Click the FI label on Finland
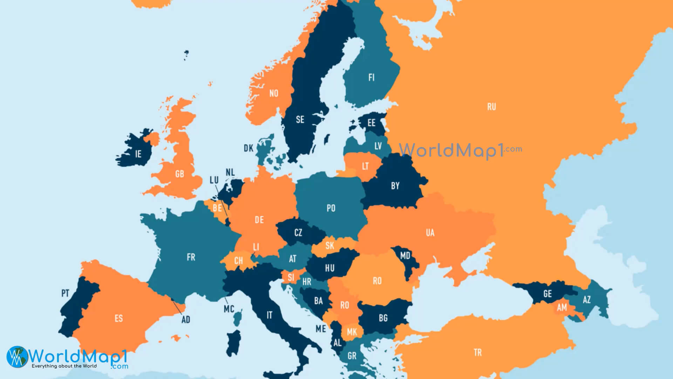pos(372,77)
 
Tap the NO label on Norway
pos(274,93)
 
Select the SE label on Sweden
pos(300,120)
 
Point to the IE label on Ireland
pos(138,154)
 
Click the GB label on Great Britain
pos(179,174)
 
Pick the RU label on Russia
pos(491,107)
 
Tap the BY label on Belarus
pos(395,186)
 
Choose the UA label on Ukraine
pos(430,233)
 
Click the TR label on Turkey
pos(478,353)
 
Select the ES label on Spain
pos(119,318)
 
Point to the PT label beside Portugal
pos(65,293)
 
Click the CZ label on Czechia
pos(298,232)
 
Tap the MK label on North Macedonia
pos(352,332)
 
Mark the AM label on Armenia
pos(562,307)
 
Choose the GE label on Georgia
pos(548,294)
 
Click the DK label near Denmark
pos(249,148)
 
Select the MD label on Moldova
pos(405,255)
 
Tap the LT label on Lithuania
pos(365,166)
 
